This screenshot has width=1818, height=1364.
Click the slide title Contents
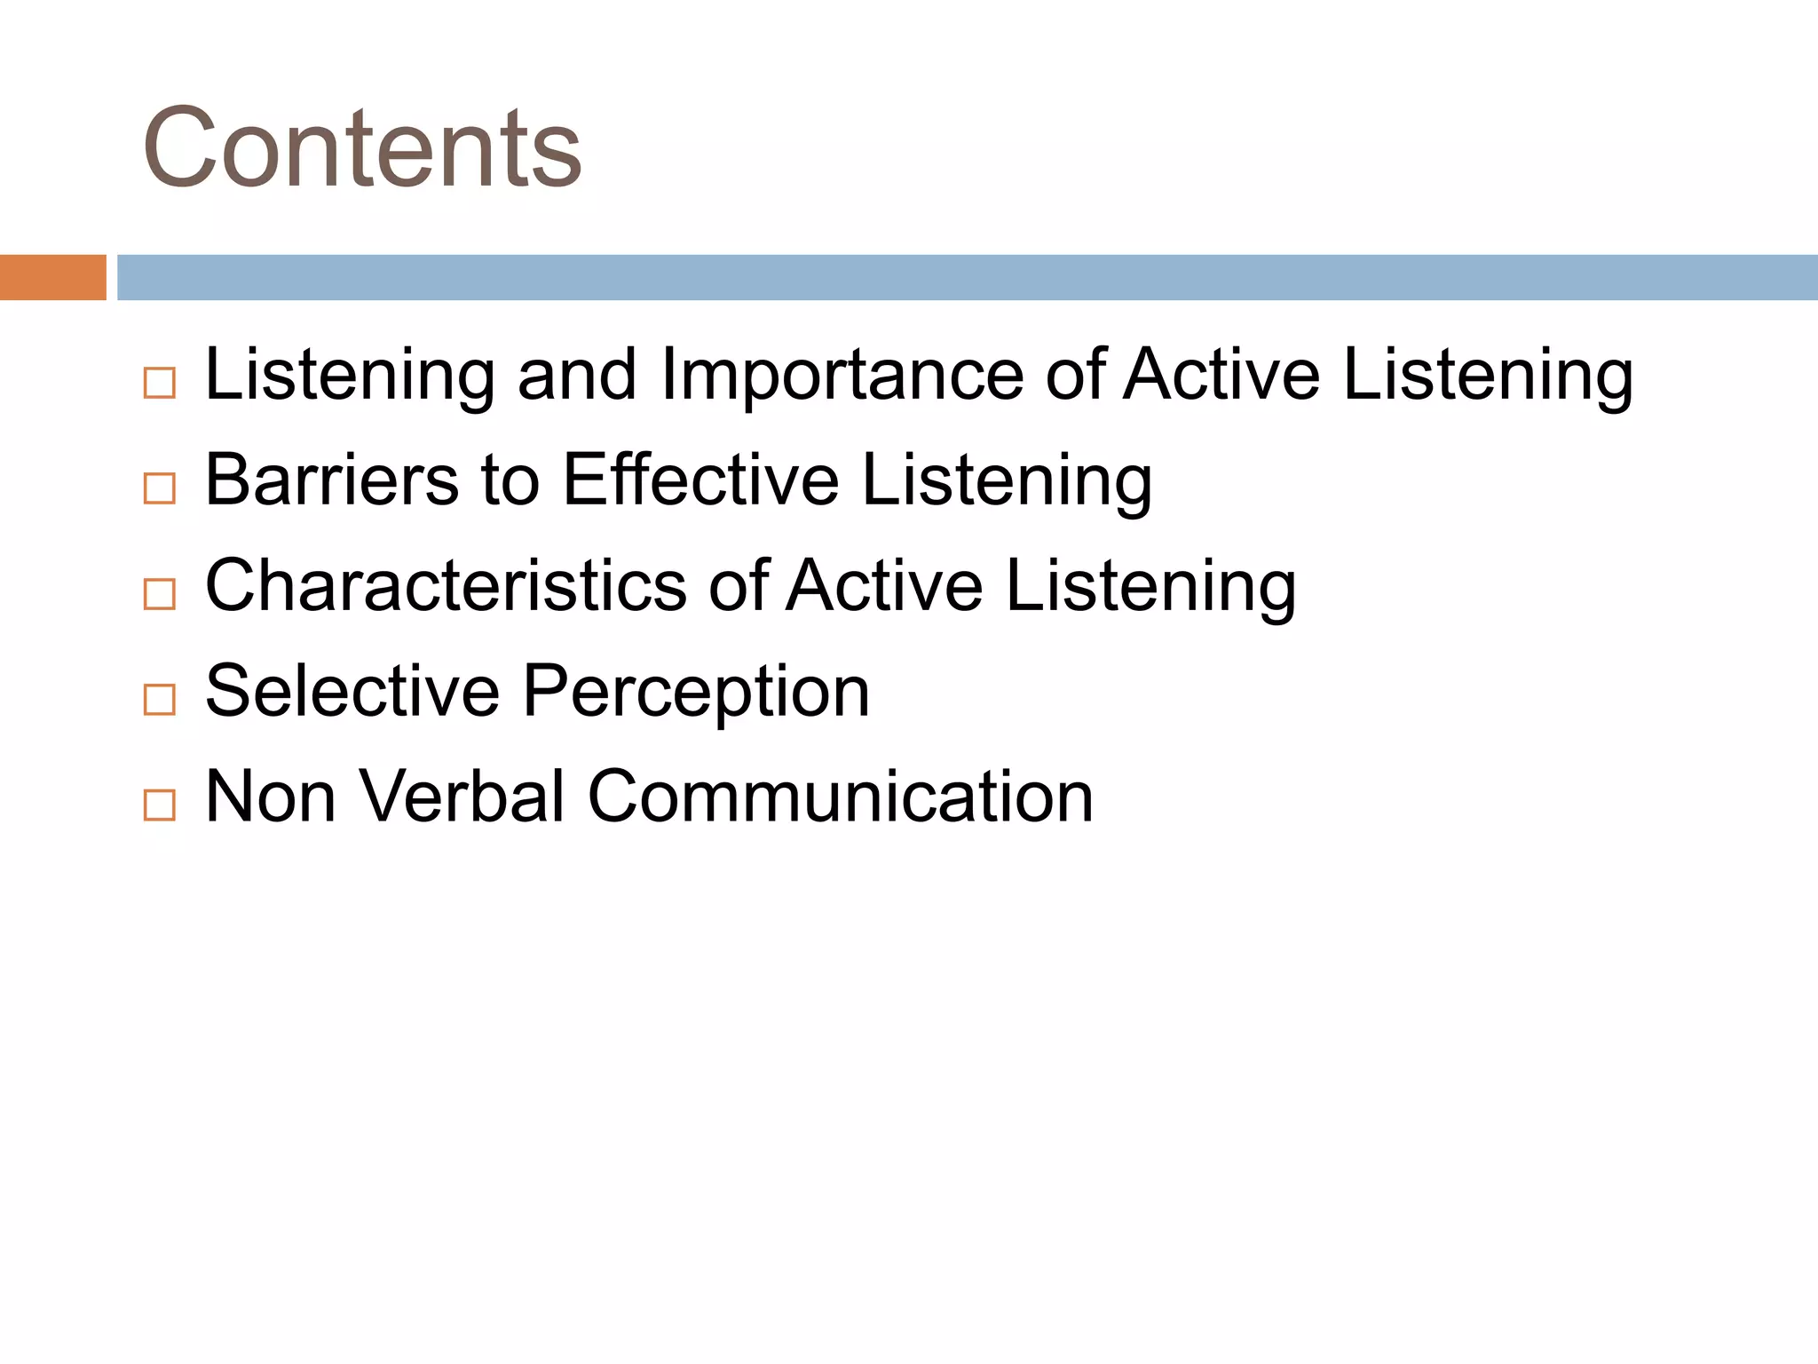pos(362,148)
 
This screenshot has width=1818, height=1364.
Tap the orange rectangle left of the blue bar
pos(52,277)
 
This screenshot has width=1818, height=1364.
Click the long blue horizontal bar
pos(967,277)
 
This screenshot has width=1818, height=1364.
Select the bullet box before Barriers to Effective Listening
pos(160,488)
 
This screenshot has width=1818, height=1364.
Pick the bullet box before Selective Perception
pos(160,700)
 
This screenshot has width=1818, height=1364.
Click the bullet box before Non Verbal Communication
pos(160,805)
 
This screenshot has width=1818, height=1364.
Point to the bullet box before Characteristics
pos(160,594)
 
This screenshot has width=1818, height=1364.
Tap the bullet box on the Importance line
pos(160,383)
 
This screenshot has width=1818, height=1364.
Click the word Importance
pos(842,375)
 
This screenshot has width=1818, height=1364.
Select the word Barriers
pos(331,480)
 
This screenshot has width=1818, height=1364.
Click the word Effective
pos(700,480)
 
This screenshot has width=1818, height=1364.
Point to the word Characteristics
pos(446,586)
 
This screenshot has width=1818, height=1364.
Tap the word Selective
pos(352,692)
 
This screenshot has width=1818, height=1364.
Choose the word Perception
pos(696,692)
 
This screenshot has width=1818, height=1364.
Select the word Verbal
pos(462,797)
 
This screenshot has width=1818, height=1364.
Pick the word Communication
pos(840,797)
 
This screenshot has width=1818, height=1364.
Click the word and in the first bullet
pos(577,375)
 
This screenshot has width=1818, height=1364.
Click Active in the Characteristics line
pos(884,586)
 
